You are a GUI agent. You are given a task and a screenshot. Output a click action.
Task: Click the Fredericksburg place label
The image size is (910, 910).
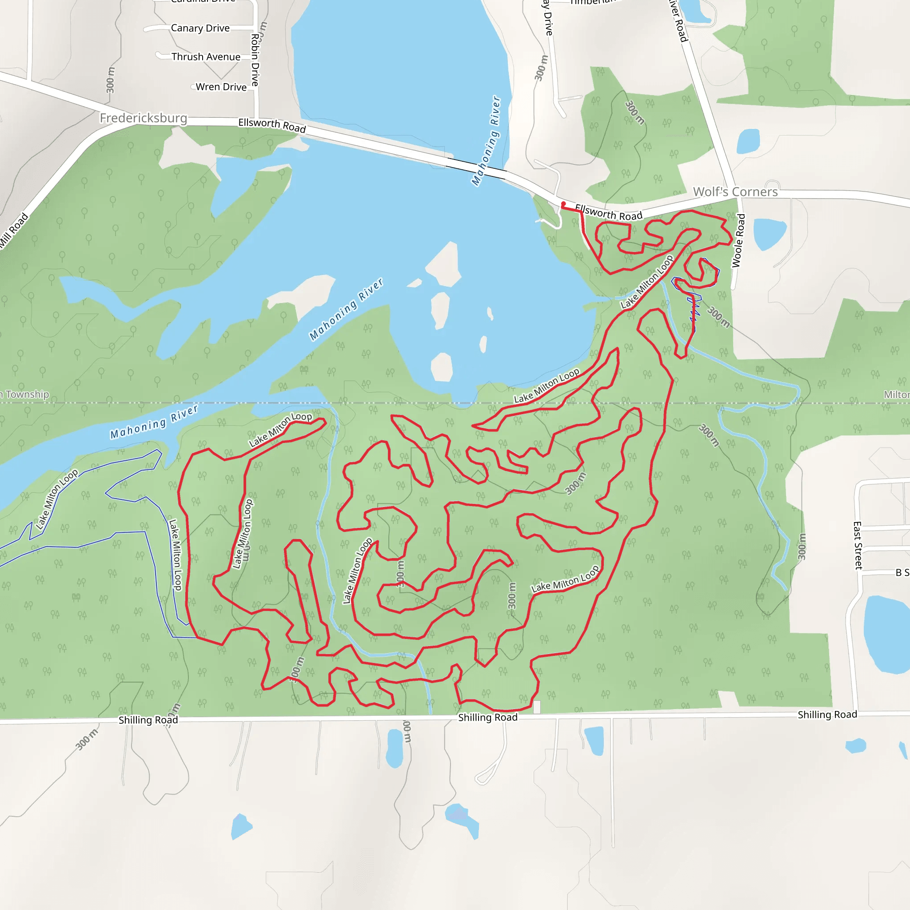[x=143, y=118]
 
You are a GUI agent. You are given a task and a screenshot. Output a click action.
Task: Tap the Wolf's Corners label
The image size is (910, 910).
[x=735, y=192]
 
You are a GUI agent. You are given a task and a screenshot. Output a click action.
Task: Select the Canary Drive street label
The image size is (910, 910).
[x=200, y=28]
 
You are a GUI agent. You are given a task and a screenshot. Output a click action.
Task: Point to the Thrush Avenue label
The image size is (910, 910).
[x=206, y=57]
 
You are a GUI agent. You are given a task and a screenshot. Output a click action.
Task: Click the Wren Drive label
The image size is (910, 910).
[x=221, y=87]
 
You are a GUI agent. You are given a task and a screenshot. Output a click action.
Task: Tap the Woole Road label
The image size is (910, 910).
[x=738, y=240]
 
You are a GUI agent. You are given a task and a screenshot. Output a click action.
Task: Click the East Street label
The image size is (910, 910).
[x=858, y=546]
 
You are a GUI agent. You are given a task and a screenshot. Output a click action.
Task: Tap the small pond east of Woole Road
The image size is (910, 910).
[x=769, y=234]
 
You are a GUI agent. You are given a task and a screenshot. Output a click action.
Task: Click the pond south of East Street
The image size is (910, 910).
[x=886, y=634]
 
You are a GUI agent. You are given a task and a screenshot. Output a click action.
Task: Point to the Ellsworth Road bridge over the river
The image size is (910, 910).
[x=476, y=167]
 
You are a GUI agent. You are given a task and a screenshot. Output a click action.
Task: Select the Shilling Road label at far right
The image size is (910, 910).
[x=827, y=714]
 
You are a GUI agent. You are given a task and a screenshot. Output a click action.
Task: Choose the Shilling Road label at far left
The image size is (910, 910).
[x=148, y=720]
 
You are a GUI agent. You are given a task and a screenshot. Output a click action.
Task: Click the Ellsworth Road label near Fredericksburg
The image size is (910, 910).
[x=272, y=125]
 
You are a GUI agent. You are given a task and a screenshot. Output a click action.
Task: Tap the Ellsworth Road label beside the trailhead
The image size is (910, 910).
[x=609, y=212]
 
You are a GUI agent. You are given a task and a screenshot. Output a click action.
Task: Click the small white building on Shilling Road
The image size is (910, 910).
[x=536, y=707]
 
